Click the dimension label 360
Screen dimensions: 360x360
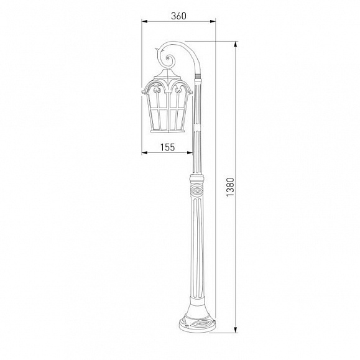(x=178, y=16)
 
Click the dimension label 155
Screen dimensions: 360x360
(x=167, y=147)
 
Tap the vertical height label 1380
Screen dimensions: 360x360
(x=230, y=187)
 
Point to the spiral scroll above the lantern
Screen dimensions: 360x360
(x=170, y=60)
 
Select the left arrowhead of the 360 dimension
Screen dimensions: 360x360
(x=144, y=21)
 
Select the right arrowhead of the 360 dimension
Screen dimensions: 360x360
(x=213, y=21)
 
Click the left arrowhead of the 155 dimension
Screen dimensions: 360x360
(x=144, y=152)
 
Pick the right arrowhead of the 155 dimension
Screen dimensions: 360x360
(x=190, y=152)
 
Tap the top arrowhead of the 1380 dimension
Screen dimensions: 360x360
(x=235, y=44)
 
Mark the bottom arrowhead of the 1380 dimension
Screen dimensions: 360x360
(x=235, y=330)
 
